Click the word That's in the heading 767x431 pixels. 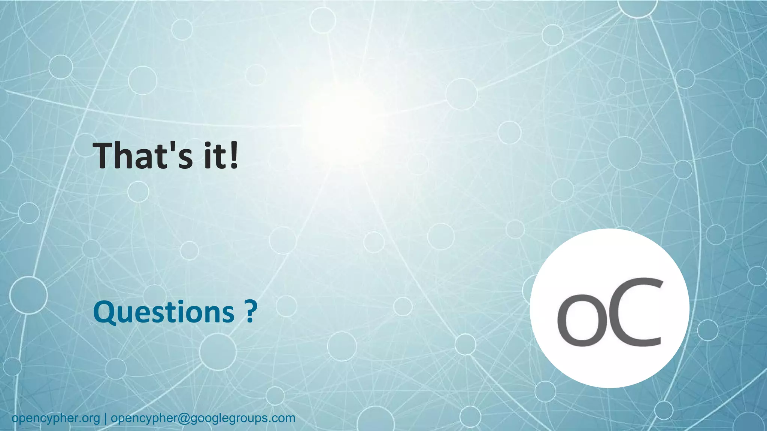pos(143,156)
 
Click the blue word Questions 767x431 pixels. pos(164,313)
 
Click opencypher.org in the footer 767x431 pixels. pos(56,418)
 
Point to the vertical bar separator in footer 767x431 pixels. pos(105,418)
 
